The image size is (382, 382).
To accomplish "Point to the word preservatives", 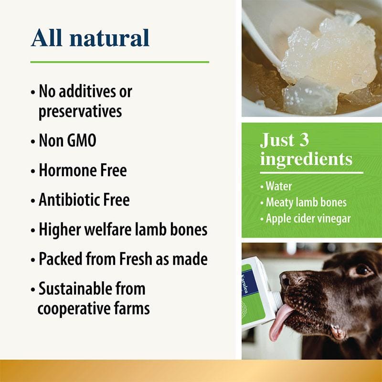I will coord(80,111).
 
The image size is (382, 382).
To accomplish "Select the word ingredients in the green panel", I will coord(306,159).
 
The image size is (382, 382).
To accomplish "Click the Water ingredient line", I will coord(278,186).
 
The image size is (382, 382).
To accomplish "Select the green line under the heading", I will coord(119,62).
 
